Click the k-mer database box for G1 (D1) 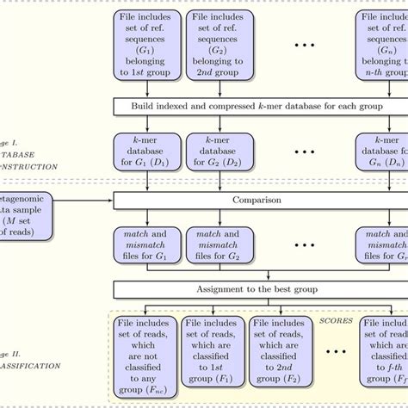pos(148,151)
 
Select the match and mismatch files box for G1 pos(148,244)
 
